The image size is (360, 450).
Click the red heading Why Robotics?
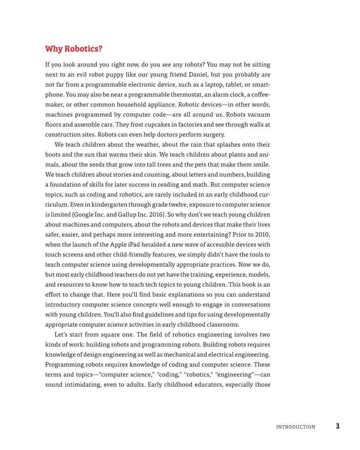click(73, 49)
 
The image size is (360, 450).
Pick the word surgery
click(213, 135)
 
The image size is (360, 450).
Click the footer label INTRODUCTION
click(295, 427)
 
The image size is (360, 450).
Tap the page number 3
click(337, 426)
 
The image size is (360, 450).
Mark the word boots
click(53, 155)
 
